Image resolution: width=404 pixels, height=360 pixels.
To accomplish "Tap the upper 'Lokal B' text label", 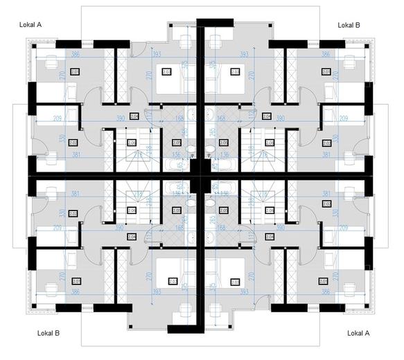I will coord(349,24).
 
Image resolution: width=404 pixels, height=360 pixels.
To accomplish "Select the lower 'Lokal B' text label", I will coord(48,333).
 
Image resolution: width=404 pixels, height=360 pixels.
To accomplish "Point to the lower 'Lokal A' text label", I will coord(358,333).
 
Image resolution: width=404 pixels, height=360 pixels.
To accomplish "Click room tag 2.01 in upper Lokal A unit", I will coord(75,71).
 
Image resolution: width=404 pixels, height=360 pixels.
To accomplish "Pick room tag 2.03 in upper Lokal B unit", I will coord(235,71).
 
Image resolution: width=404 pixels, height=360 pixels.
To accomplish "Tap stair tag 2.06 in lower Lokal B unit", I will coord(132,209).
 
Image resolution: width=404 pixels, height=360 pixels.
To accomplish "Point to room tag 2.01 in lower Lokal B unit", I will coord(75,281).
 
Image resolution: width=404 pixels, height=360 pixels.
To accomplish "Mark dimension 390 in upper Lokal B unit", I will coord(281,119).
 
